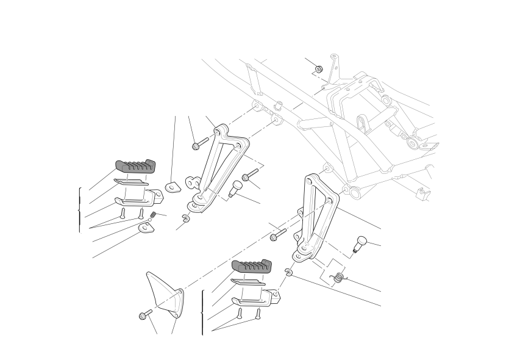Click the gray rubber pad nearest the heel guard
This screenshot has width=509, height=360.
point(250,267)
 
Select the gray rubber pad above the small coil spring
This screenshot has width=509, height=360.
point(135,165)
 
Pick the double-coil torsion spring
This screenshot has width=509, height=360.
point(338,279)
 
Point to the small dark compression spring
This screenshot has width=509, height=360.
point(154,214)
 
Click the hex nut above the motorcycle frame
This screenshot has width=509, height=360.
point(319,68)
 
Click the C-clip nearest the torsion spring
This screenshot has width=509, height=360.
point(288,272)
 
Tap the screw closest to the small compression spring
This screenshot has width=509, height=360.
point(141,212)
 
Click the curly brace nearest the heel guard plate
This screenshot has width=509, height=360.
point(202,312)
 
